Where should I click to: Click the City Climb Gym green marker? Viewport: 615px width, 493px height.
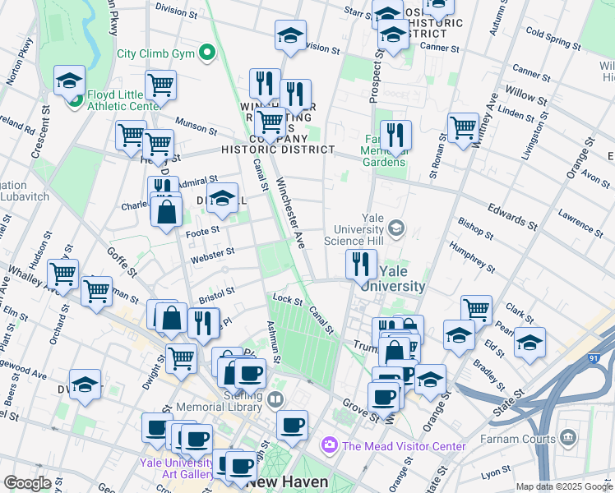207,54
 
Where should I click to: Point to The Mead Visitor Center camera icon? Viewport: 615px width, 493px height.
330,445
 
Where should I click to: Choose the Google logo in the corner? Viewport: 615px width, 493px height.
26,483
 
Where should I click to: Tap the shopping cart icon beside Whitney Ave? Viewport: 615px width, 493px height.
463,127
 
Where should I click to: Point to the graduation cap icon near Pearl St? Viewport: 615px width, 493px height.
529,341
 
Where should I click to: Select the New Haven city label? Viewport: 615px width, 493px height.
288,481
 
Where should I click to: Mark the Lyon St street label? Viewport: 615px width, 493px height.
496,474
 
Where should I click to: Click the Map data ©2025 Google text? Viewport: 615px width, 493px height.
563,486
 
